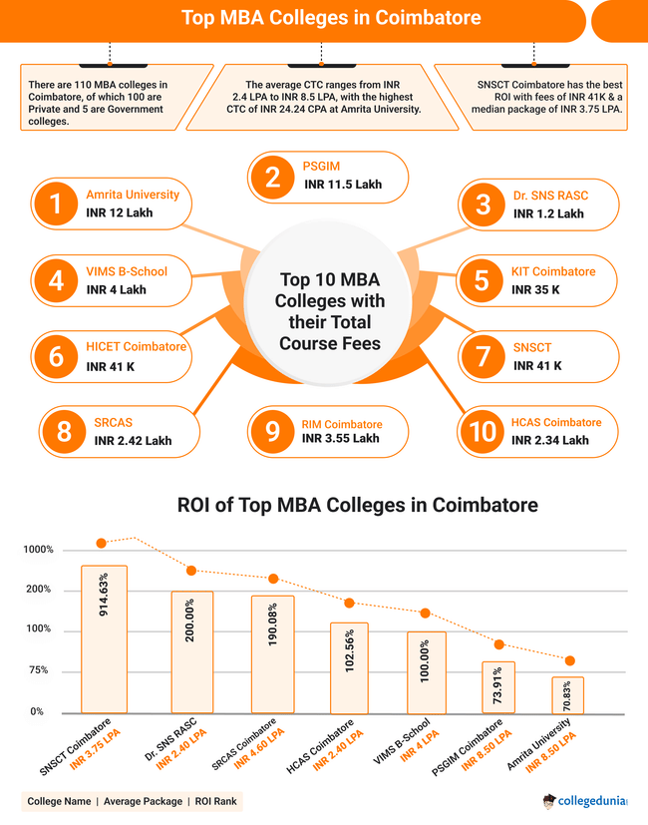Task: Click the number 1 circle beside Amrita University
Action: click(56, 205)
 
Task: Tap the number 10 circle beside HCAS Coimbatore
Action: click(483, 431)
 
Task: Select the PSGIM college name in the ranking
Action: click(321, 167)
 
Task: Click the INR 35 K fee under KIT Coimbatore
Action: click(535, 289)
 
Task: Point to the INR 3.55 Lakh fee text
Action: click(341, 438)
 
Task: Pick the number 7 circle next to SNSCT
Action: click(483, 356)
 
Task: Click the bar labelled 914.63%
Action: click(104, 638)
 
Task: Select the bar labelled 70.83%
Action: click(567, 695)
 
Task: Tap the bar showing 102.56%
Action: click(349, 667)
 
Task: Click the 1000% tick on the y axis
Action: click(38, 550)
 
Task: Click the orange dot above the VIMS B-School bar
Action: click(425, 613)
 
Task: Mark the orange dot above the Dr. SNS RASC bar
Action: click(191, 571)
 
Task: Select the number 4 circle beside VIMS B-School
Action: click(56, 280)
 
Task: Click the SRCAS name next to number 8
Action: click(113, 423)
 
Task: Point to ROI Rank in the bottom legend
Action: click(216, 801)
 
